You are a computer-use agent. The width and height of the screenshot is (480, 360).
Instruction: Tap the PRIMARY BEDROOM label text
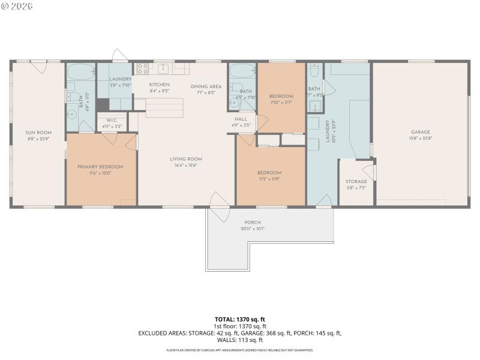click(x=100, y=166)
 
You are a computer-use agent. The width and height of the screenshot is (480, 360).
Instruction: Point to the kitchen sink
click(x=163, y=68)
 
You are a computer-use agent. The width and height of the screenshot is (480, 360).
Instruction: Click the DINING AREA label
click(x=206, y=86)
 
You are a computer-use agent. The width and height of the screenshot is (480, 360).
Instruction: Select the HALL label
click(x=242, y=119)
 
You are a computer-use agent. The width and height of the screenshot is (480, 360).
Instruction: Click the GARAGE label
click(x=420, y=132)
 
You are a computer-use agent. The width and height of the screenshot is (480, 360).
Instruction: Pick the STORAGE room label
click(x=356, y=181)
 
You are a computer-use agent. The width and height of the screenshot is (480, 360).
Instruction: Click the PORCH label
click(x=252, y=222)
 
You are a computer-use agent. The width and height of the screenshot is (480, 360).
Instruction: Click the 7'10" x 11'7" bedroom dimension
click(x=281, y=103)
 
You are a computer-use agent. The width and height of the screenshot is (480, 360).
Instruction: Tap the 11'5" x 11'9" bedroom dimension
click(x=270, y=179)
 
